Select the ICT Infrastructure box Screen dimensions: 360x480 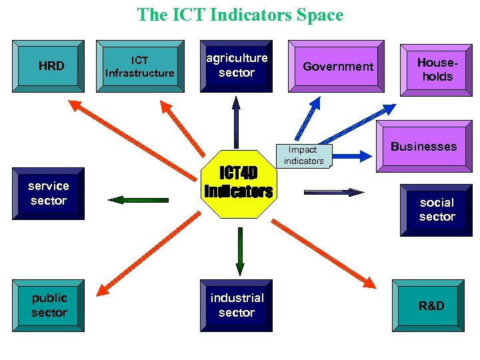[139, 66]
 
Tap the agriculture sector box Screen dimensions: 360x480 [236, 66]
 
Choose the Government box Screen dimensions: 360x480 [338, 66]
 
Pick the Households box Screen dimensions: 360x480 [437, 70]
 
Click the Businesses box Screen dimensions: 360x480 [424, 147]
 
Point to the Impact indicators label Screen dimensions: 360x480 [303, 155]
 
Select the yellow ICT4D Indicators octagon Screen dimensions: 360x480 [238, 183]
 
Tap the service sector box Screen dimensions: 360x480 [49, 193]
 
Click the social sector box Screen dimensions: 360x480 [437, 209]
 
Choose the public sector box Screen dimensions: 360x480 [49, 305]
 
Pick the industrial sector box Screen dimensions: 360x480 [237, 305]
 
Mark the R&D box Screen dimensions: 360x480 [431, 306]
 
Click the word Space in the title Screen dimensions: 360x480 [312, 15]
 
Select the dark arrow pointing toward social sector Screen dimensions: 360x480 [334, 192]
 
